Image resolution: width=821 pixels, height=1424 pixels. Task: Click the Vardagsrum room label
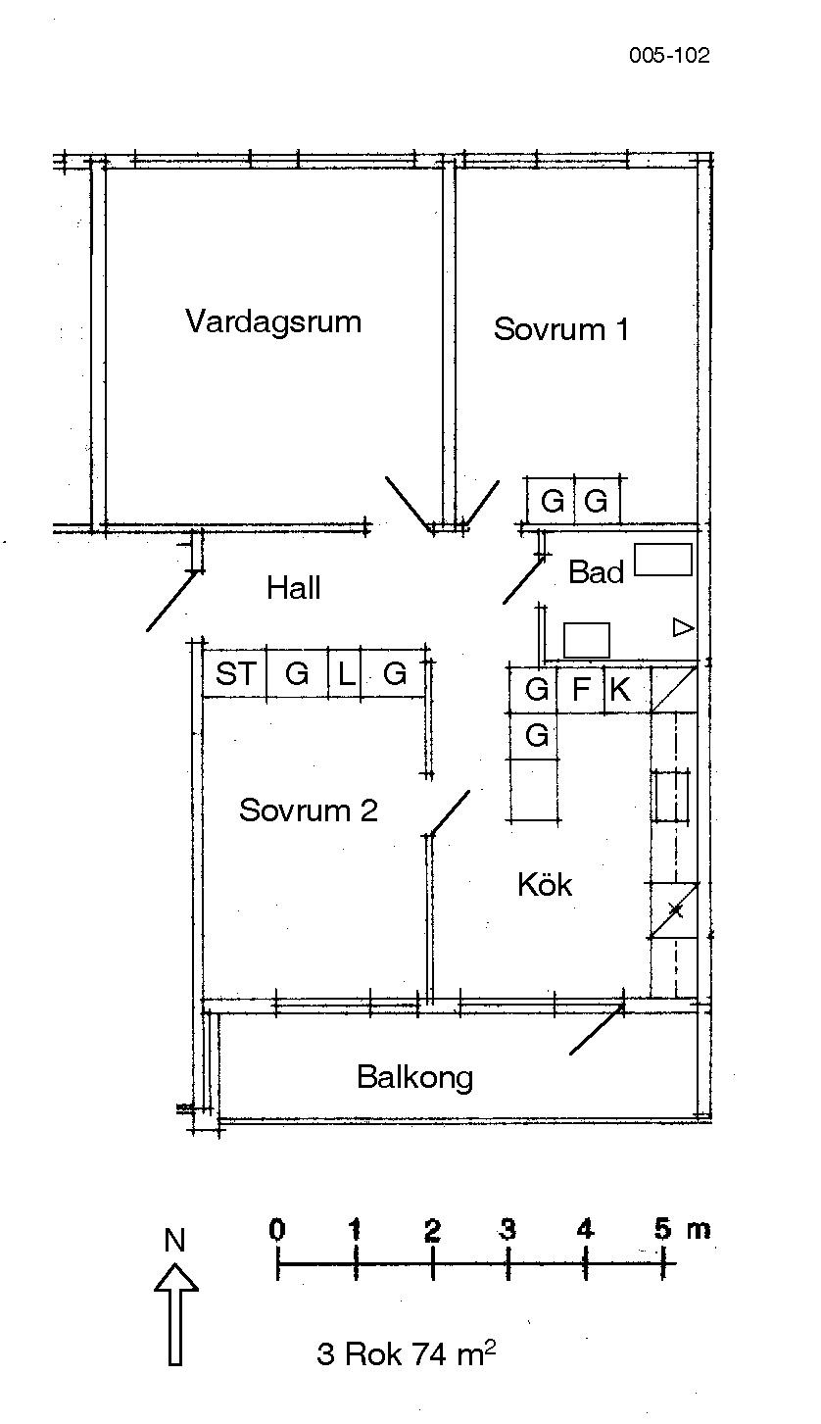click(x=273, y=321)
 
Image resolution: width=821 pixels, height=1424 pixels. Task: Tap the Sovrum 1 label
click(x=560, y=328)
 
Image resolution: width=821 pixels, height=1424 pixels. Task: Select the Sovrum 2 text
click(x=308, y=810)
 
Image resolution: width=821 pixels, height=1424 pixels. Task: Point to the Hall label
click(x=293, y=588)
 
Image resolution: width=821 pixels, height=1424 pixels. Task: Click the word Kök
click(x=545, y=885)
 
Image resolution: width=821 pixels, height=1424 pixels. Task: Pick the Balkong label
click(x=414, y=1077)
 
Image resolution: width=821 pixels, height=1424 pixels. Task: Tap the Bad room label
click(x=596, y=572)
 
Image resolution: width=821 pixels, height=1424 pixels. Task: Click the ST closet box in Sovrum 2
click(x=235, y=674)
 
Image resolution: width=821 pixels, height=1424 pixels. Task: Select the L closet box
click(x=345, y=674)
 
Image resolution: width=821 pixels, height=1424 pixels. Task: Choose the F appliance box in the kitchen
click(x=581, y=690)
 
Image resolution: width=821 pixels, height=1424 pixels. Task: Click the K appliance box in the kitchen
click(x=620, y=690)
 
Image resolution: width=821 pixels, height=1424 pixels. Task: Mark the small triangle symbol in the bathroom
click(x=683, y=627)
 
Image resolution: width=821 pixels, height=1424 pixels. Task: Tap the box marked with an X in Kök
click(x=675, y=911)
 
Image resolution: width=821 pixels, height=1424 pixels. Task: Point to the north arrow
click(x=176, y=1313)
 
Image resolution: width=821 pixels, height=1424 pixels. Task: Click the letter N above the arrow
click(x=174, y=1241)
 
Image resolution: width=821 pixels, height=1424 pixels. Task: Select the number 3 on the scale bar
click(x=508, y=1229)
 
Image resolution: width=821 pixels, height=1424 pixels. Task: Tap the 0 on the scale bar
click(x=278, y=1229)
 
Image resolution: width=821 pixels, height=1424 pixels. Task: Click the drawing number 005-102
click(x=669, y=56)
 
